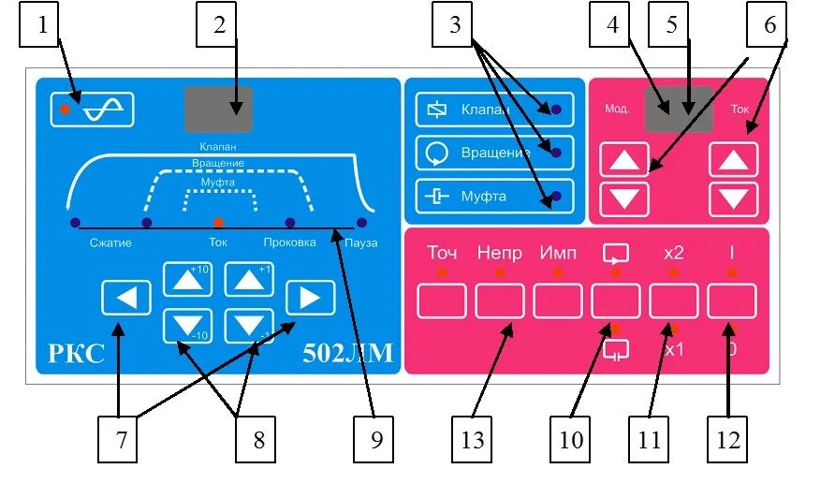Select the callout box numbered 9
(375, 439)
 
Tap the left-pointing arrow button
(126, 299)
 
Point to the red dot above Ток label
(218, 223)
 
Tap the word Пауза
(359, 243)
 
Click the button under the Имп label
(558, 301)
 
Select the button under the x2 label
(674, 301)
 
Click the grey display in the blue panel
(218, 110)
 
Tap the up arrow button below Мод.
(623, 161)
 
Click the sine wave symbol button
(93, 110)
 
